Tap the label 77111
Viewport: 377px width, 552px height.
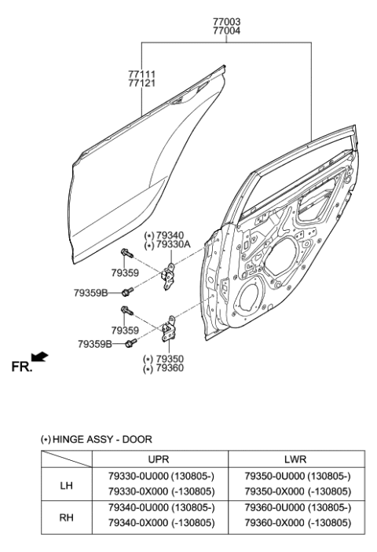(x=143, y=74)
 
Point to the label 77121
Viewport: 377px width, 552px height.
(x=143, y=83)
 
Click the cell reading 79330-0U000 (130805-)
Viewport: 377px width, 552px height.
(x=159, y=477)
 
